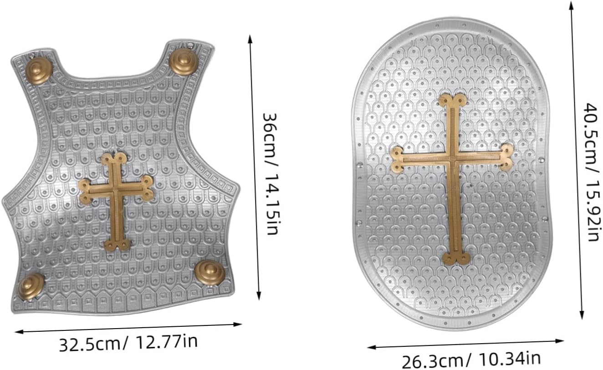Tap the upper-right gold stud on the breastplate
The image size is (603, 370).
point(184,61)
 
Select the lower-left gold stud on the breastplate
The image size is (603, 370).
point(31,286)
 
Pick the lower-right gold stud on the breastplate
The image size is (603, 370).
point(210,273)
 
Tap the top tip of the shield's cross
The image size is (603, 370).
point(452,94)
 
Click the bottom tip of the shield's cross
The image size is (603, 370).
point(456,264)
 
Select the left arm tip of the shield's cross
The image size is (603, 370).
point(391,160)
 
